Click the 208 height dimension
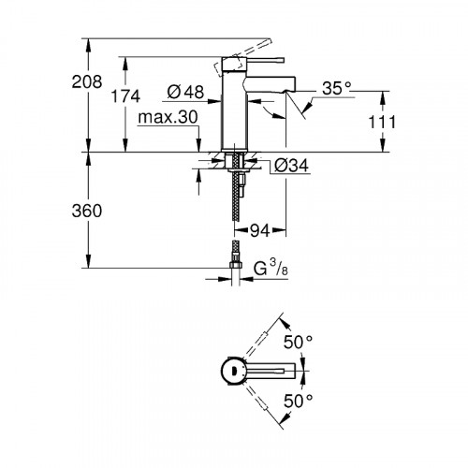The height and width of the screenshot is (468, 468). (87, 82)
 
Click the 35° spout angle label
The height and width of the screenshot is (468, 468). (336, 88)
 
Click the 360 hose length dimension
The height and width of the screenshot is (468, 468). (87, 212)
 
